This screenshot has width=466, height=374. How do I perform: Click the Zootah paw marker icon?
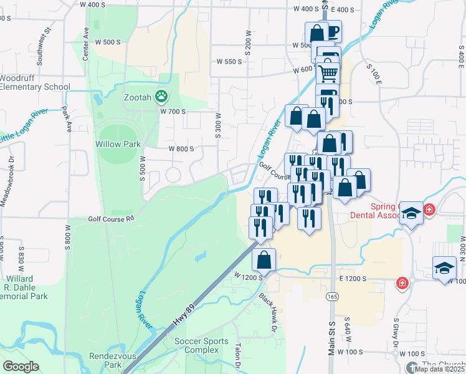tap(162, 96)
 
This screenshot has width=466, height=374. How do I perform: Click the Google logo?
tap(21, 366)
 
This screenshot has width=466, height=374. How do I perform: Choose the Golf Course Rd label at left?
tap(111, 219)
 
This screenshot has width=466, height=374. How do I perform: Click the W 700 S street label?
tap(173, 112)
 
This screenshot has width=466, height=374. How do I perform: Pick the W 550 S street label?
tap(229, 62)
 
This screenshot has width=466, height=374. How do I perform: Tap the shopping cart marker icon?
tap(328, 74)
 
